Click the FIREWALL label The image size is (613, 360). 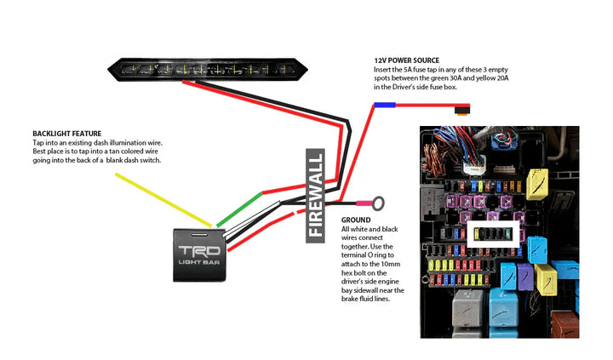(x=316, y=196)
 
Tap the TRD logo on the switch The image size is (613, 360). (x=199, y=251)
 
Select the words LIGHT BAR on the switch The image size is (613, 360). (x=199, y=262)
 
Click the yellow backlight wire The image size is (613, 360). (x=163, y=200)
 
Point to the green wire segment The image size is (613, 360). (x=239, y=209)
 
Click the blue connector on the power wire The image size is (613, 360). (x=385, y=105)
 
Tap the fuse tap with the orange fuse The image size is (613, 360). (x=462, y=110)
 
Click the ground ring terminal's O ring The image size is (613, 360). (x=378, y=203)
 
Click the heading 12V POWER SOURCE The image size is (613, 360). (x=407, y=60)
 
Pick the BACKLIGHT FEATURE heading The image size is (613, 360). (x=67, y=134)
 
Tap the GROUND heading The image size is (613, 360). (x=356, y=220)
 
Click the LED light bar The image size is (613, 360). (x=208, y=70)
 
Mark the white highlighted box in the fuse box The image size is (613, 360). (x=493, y=234)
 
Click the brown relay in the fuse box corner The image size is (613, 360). (x=565, y=323)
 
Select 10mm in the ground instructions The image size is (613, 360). (x=390, y=264)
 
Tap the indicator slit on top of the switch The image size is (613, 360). (x=199, y=235)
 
